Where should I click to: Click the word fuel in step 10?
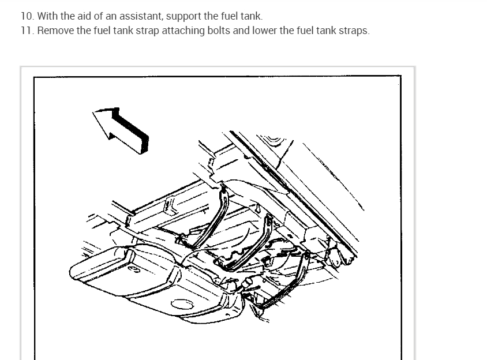click(230, 16)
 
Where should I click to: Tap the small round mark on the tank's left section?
click(134, 269)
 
